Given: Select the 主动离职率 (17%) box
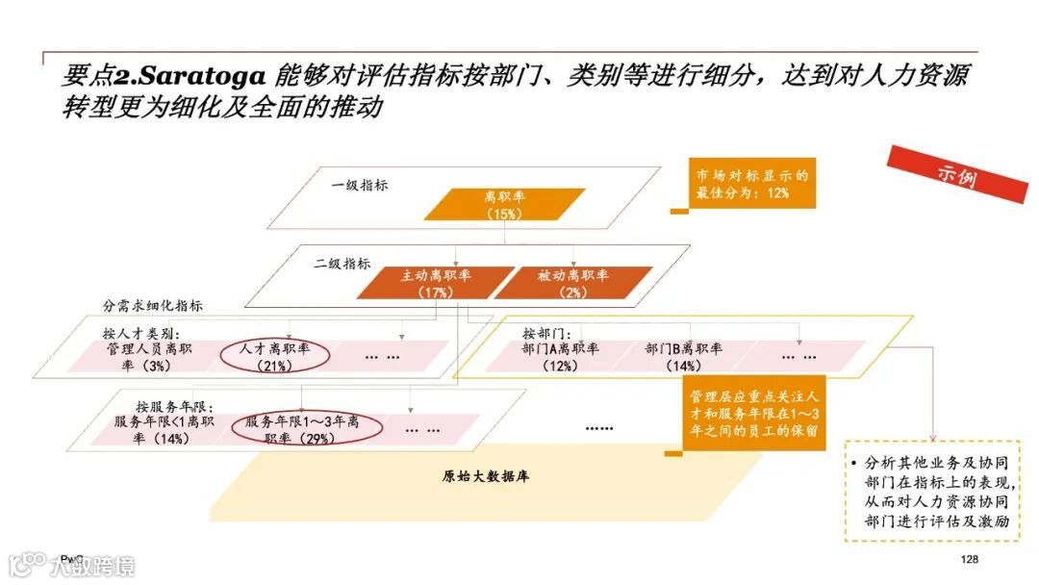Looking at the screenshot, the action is pyautogui.click(x=425, y=283).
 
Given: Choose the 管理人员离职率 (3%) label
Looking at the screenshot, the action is pyautogui.click(x=151, y=356).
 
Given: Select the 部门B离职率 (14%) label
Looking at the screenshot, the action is pyautogui.click(x=684, y=356).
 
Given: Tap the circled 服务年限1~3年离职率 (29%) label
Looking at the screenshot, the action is pyautogui.click(x=301, y=430).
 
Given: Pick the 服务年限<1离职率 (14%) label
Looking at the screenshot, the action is pyautogui.click(x=164, y=430).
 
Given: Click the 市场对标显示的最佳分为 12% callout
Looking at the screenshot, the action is pyautogui.click(x=749, y=184).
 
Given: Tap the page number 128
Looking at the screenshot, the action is pyautogui.click(x=969, y=560).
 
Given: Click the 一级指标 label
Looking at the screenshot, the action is pyautogui.click(x=360, y=185).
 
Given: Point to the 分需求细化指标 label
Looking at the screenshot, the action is pyautogui.click(x=153, y=305).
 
